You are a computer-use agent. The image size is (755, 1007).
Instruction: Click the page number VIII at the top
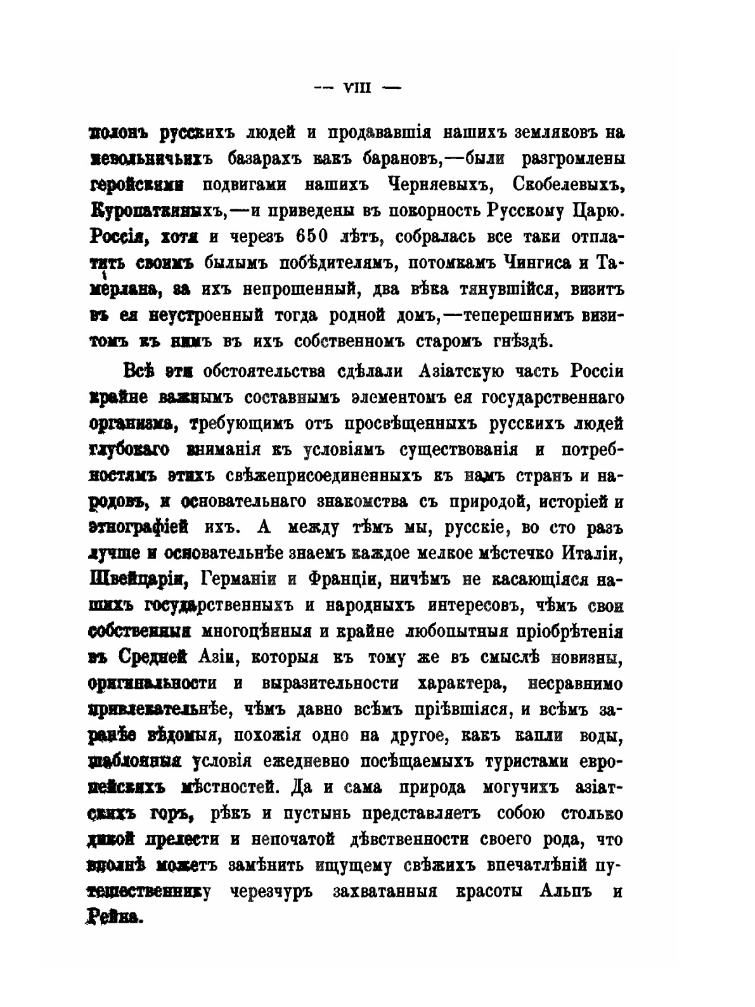pyautogui.click(x=359, y=89)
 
